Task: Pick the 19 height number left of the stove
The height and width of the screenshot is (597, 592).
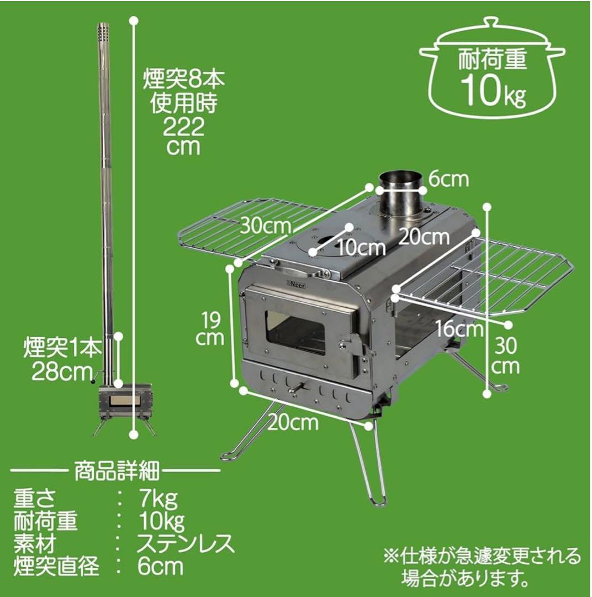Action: [x=211, y=319]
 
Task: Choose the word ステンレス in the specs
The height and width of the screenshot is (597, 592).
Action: [x=186, y=544]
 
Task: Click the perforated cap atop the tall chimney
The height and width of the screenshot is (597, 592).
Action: [x=103, y=33]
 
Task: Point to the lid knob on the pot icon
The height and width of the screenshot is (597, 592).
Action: [x=491, y=23]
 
